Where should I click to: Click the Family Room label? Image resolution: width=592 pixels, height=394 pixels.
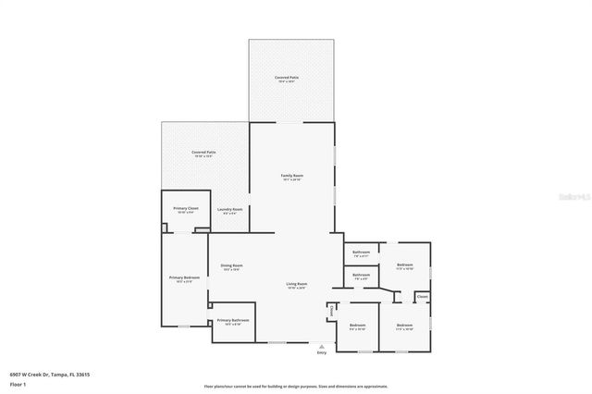[292, 175]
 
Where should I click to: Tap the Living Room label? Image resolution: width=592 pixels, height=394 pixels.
[296, 284]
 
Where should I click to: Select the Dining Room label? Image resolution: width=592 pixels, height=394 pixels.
[231, 266]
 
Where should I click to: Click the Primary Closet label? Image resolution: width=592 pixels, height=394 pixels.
[186, 209]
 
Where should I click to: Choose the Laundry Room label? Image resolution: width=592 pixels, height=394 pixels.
[230, 210]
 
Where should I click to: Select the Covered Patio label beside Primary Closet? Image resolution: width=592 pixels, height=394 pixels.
[203, 153]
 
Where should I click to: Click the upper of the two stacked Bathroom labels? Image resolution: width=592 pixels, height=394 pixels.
[361, 252]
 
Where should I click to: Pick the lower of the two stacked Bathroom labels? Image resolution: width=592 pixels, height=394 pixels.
[361, 275]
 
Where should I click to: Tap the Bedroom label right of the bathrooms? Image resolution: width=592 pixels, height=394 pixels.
[405, 265]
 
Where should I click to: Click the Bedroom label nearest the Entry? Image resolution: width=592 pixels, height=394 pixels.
[357, 326]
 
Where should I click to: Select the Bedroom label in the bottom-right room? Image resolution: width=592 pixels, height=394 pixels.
[404, 326]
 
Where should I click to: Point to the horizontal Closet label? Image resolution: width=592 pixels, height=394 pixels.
[422, 297]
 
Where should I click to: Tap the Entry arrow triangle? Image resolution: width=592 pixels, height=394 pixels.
[322, 346]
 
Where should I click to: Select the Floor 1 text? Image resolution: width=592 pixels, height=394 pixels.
[18, 384]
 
